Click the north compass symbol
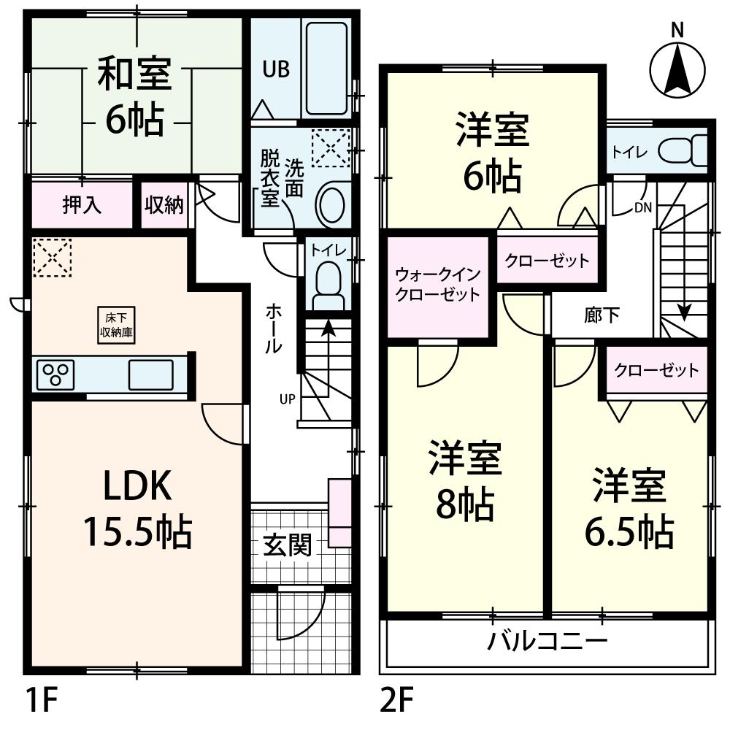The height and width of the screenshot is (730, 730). [677, 67]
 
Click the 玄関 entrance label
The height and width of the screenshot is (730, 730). [288, 544]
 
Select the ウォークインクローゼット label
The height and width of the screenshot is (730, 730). [437, 285]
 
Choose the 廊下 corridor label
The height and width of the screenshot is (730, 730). [602, 315]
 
